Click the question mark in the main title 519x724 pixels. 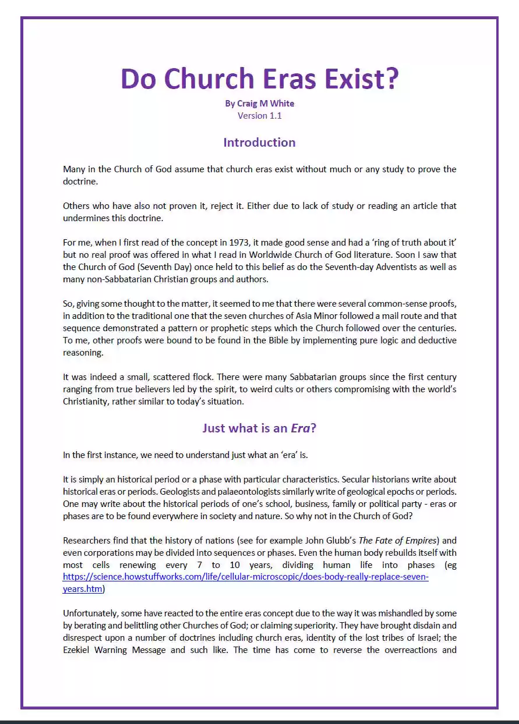coord(390,79)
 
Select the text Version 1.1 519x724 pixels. coord(259,115)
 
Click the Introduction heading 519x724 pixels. coord(259,143)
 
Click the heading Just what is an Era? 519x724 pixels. coord(259,428)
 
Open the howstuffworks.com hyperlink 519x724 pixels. coord(245,577)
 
